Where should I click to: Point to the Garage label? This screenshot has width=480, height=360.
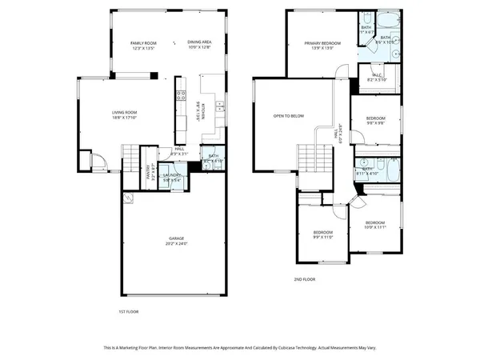pyautogui.click(x=177, y=238)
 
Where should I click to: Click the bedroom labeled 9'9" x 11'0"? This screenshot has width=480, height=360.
pyautogui.click(x=322, y=234)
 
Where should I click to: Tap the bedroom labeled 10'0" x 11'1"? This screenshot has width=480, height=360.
pyautogui.click(x=375, y=224)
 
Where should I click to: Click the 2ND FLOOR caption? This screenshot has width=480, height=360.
pyautogui.click(x=305, y=280)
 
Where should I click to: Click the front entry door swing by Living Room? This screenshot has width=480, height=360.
pyautogui.click(x=98, y=165)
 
